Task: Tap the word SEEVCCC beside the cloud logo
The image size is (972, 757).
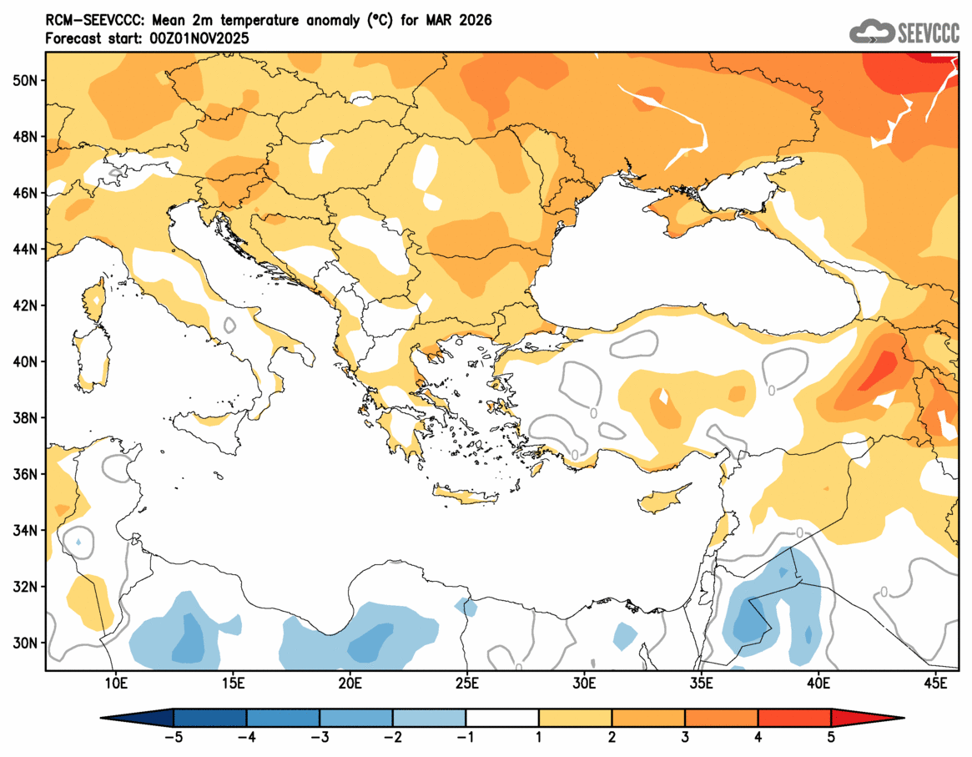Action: coord(927,33)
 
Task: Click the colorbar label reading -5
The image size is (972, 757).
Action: coord(174,737)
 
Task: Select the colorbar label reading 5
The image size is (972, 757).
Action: coord(831,737)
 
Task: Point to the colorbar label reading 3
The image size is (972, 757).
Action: coord(685,737)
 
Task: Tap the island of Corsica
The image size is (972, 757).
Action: coord(93,300)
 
